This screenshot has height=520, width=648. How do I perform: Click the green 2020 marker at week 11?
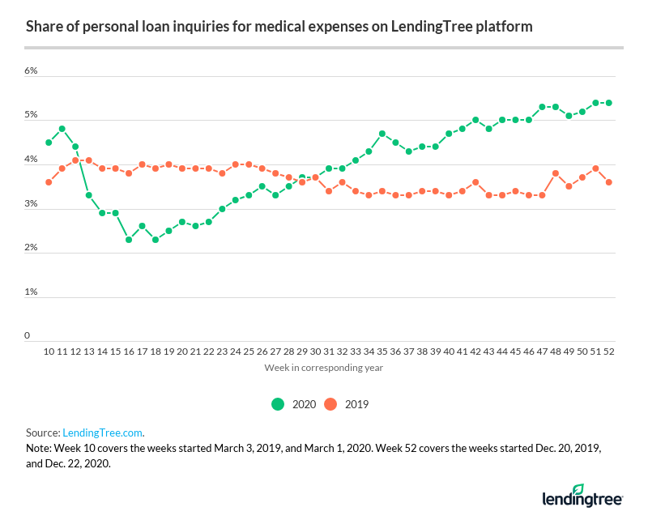[62, 129]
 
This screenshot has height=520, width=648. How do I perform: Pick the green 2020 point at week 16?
[128, 240]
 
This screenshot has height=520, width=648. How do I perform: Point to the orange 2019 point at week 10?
[49, 182]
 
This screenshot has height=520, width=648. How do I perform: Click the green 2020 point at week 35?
[381, 134]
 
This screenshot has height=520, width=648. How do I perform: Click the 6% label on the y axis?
[31, 71]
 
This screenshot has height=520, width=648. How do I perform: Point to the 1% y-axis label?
[31, 292]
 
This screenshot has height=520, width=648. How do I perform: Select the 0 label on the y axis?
[27, 335]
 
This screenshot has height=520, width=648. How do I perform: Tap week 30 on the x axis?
[314, 353]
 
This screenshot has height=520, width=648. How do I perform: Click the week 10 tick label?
[49, 353]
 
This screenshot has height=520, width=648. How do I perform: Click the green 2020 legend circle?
[279, 403]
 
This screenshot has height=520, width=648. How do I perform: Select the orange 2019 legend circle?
[331, 403]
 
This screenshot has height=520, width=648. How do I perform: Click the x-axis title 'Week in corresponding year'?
[323, 368]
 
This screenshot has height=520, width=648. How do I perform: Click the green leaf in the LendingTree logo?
[578, 489]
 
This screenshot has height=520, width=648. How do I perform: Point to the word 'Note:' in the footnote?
[39, 448]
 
